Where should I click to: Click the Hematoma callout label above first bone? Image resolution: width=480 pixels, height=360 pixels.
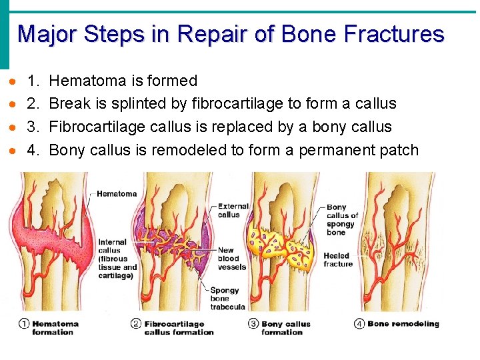click(x=117, y=194)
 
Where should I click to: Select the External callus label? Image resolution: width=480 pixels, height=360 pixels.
click(x=233, y=211)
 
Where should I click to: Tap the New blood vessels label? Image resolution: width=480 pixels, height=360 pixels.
click(x=231, y=259)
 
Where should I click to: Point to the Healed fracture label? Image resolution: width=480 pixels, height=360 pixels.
click(x=338, y=260)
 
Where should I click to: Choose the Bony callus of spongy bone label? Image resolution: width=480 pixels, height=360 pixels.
click(x=342, y=219)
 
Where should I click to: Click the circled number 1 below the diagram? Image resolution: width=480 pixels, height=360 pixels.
click(x=23, y=325)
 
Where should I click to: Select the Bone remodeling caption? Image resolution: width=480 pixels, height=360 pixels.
click(x=403, y=324)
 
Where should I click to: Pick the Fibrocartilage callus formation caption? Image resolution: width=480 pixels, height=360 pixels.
click(x=179, y=328)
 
